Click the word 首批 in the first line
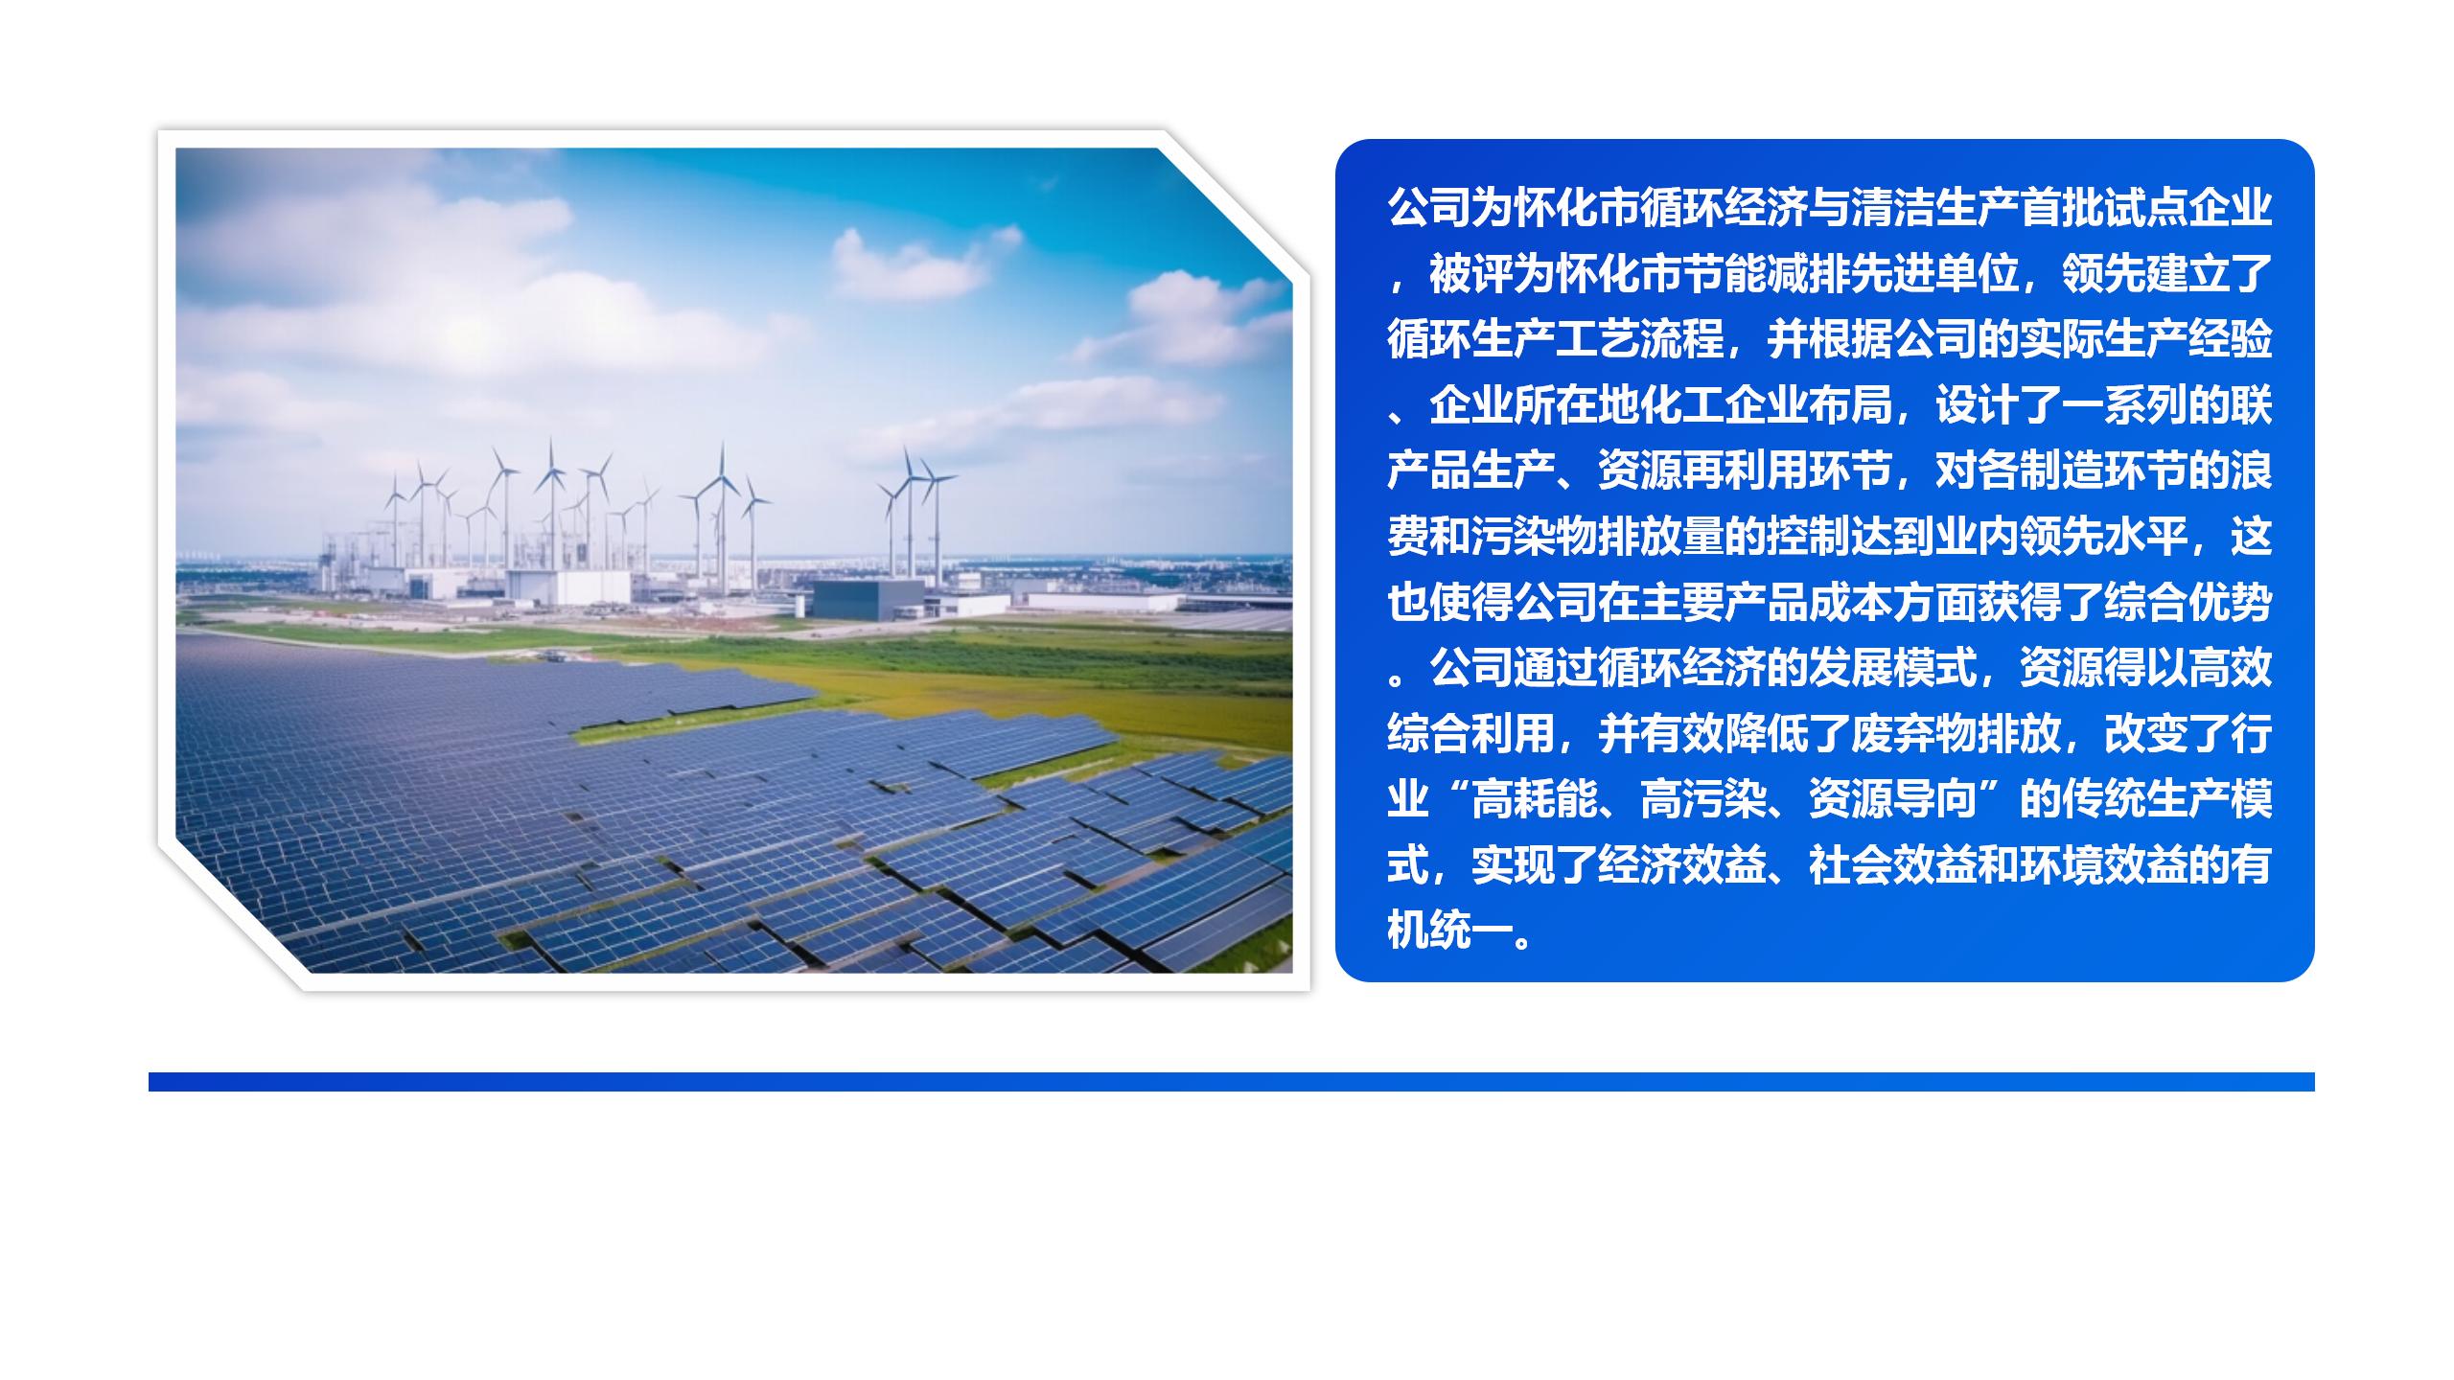(x=2062, y=207)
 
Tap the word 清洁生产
(x=1935, y=207)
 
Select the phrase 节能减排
(x=1767, y=273)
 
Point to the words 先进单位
(x=1935, y=273)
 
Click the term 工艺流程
(x=1640, y=338)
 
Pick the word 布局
(x=1851, y=404)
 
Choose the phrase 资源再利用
(x=1703, y=471)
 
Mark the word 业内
(x=1978, y=536)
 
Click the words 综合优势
(x=2188, y=602)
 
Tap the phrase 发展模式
(x=1893, y=668)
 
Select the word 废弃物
(x=1914, y=734)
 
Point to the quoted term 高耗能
(x=1535, y=799)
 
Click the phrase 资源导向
(x=1893, y=799)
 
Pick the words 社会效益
(x=1893, y=865)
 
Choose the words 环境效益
(x=2104, y=865)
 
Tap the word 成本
(x=1851, y=602)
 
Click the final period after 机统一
(x=1524, y=939)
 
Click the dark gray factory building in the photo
(x=868, y=599)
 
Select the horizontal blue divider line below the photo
(x=1232, y=1082)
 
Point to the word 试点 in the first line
(x=2146, y=207)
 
